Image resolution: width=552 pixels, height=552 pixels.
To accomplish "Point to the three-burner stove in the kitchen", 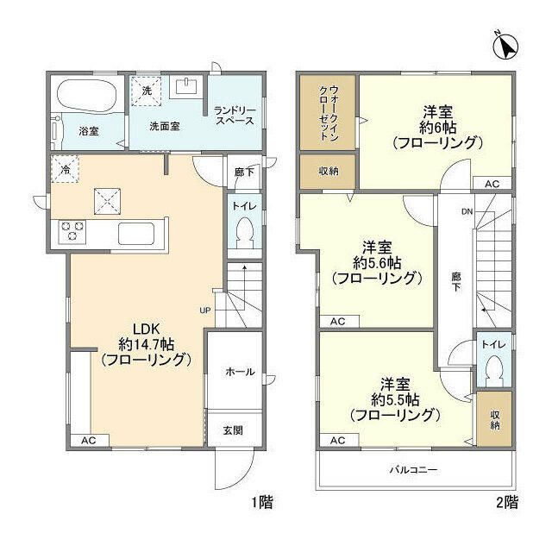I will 72,232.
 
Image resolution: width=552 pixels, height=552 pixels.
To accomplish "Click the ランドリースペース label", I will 235,115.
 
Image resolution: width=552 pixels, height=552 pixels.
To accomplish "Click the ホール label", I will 239,372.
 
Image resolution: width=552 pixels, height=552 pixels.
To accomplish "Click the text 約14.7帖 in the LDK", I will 145,343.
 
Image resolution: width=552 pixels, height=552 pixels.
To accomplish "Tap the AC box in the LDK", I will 90,440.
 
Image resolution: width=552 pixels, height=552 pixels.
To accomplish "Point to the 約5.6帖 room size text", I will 376,262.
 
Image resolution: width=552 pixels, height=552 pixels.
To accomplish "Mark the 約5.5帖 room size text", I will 395,400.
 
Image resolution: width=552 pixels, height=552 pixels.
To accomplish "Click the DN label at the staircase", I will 466,212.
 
